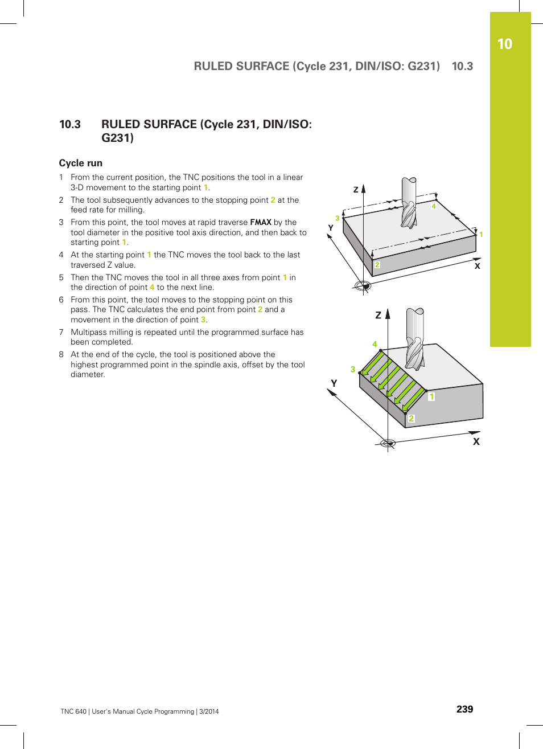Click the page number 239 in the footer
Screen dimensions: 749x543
pyautogui.click(x=464, y=709)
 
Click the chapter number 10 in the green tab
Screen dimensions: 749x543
pyautogui.click(x=504, y=44)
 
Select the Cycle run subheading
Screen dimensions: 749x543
pyautogui.click(x=81, y=163)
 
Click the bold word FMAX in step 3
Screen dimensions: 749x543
pyautogui.click(x=261, y=222)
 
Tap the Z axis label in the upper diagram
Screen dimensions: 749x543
pyautogui.click(x=356, y=190)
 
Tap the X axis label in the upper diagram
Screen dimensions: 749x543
pyautogui.click(x=477, y=266)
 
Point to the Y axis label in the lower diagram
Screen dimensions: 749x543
pyautogui.click(x=334, y=383)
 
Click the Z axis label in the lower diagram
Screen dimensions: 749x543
pyautogui.click(x=378, y=315)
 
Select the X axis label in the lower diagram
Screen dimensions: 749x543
pyautogui.click(x=476, y=441)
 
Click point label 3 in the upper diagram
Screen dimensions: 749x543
pyautogui.click(x=338, y=218)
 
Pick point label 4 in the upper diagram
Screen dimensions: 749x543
pyautogui.click(x=434, y=206)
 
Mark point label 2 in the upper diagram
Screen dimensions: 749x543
pyautogui.click(x=377, y=265)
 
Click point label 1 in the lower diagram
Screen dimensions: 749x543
pyautogui.click(x=431, y=396)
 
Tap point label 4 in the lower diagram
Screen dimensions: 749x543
pyautogui.click(x=375, y=344)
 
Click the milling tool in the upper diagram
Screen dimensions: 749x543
pyautogui.click(x=409, y=203)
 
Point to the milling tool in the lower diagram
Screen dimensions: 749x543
pyautogui.click(x=414, y=339)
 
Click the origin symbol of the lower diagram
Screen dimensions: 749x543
pyautogui.click(x=388, y=443)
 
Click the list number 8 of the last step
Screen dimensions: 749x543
pyautogui.click(x=61, y=354)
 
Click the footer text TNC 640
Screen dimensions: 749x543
pyautogui.click(x=73, y=711)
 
